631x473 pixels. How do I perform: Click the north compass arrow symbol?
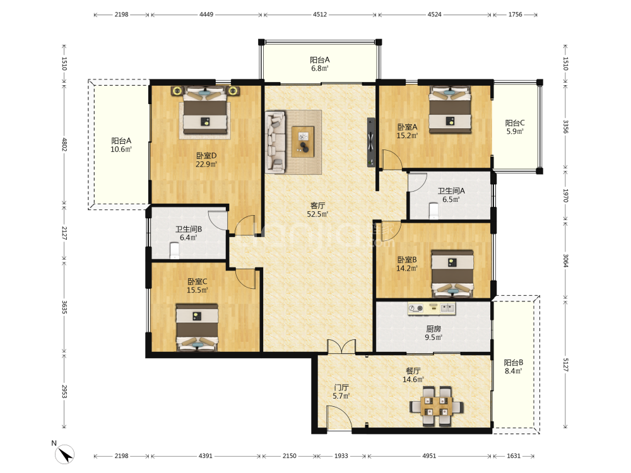[x=65, y=455]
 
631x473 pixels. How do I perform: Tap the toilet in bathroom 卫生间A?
[x=434, y=211]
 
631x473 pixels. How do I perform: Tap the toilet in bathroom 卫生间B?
[x=174, y=250]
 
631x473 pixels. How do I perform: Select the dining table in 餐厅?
[x=436, y=406]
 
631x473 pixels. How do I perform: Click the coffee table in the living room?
[x=303, y=141]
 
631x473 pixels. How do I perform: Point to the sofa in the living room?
[x=276, y=142]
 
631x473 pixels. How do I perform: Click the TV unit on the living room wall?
[x=370, y=141]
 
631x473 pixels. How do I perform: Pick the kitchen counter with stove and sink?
[x=431, y=308]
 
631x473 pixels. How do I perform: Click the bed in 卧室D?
[x=205, y=110]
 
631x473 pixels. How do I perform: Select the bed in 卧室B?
[x=452, y=274]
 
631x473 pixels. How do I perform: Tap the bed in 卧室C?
[x=197, y=327]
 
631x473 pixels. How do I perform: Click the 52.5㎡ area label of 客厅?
[x=317, y=214]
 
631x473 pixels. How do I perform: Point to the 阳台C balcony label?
[x=515, y=123]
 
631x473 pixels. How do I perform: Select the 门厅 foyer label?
[x=341, y=387]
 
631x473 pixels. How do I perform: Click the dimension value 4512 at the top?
[x=320, y=15]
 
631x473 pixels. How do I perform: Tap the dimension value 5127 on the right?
[x=565, y=365]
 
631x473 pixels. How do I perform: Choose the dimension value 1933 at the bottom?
[x=341, y=456]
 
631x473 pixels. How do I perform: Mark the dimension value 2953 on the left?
[x=64, y=391]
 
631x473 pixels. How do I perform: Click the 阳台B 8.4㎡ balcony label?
[x=513, y=367]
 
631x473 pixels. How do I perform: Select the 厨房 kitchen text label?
[x=433, y=329]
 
